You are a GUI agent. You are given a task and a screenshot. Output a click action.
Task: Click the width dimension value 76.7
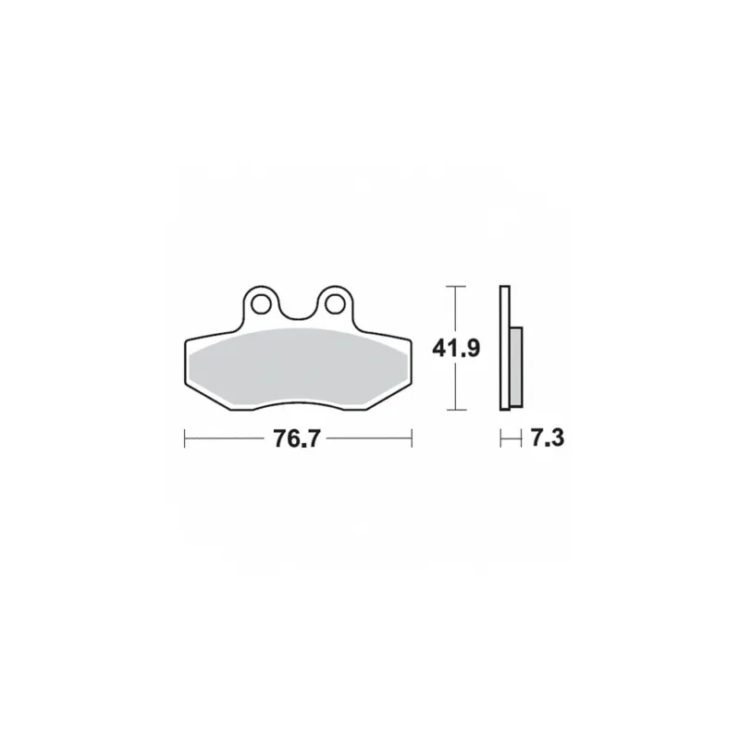[x=297, y=438]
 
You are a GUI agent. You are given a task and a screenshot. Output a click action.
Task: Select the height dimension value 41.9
[x=456, y=349]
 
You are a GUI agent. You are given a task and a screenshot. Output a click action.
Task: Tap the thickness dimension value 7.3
[x=548, y=438]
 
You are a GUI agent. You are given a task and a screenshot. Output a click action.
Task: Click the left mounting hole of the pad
[x=261, y=304]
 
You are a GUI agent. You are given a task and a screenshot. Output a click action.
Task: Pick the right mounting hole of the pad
[x=335, y=304]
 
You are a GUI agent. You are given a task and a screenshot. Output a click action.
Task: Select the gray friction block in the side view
[x=516, y=367]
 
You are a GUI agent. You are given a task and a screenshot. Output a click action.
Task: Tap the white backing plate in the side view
[x=504, y=348]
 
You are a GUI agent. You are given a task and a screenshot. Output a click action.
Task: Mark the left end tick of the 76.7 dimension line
[x=184, y=438]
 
